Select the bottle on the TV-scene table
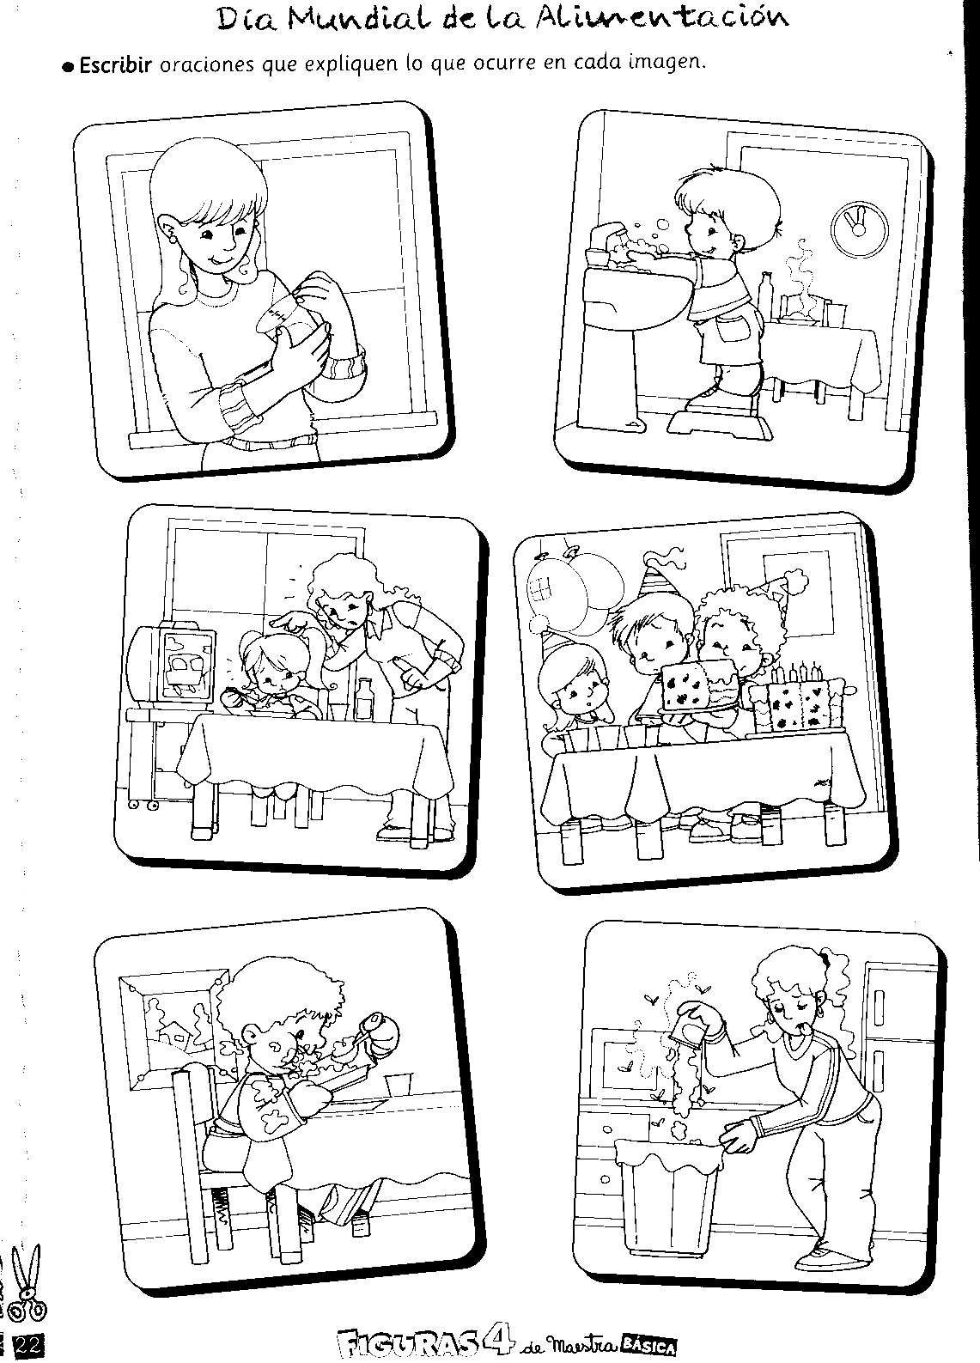tap(365, 698)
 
